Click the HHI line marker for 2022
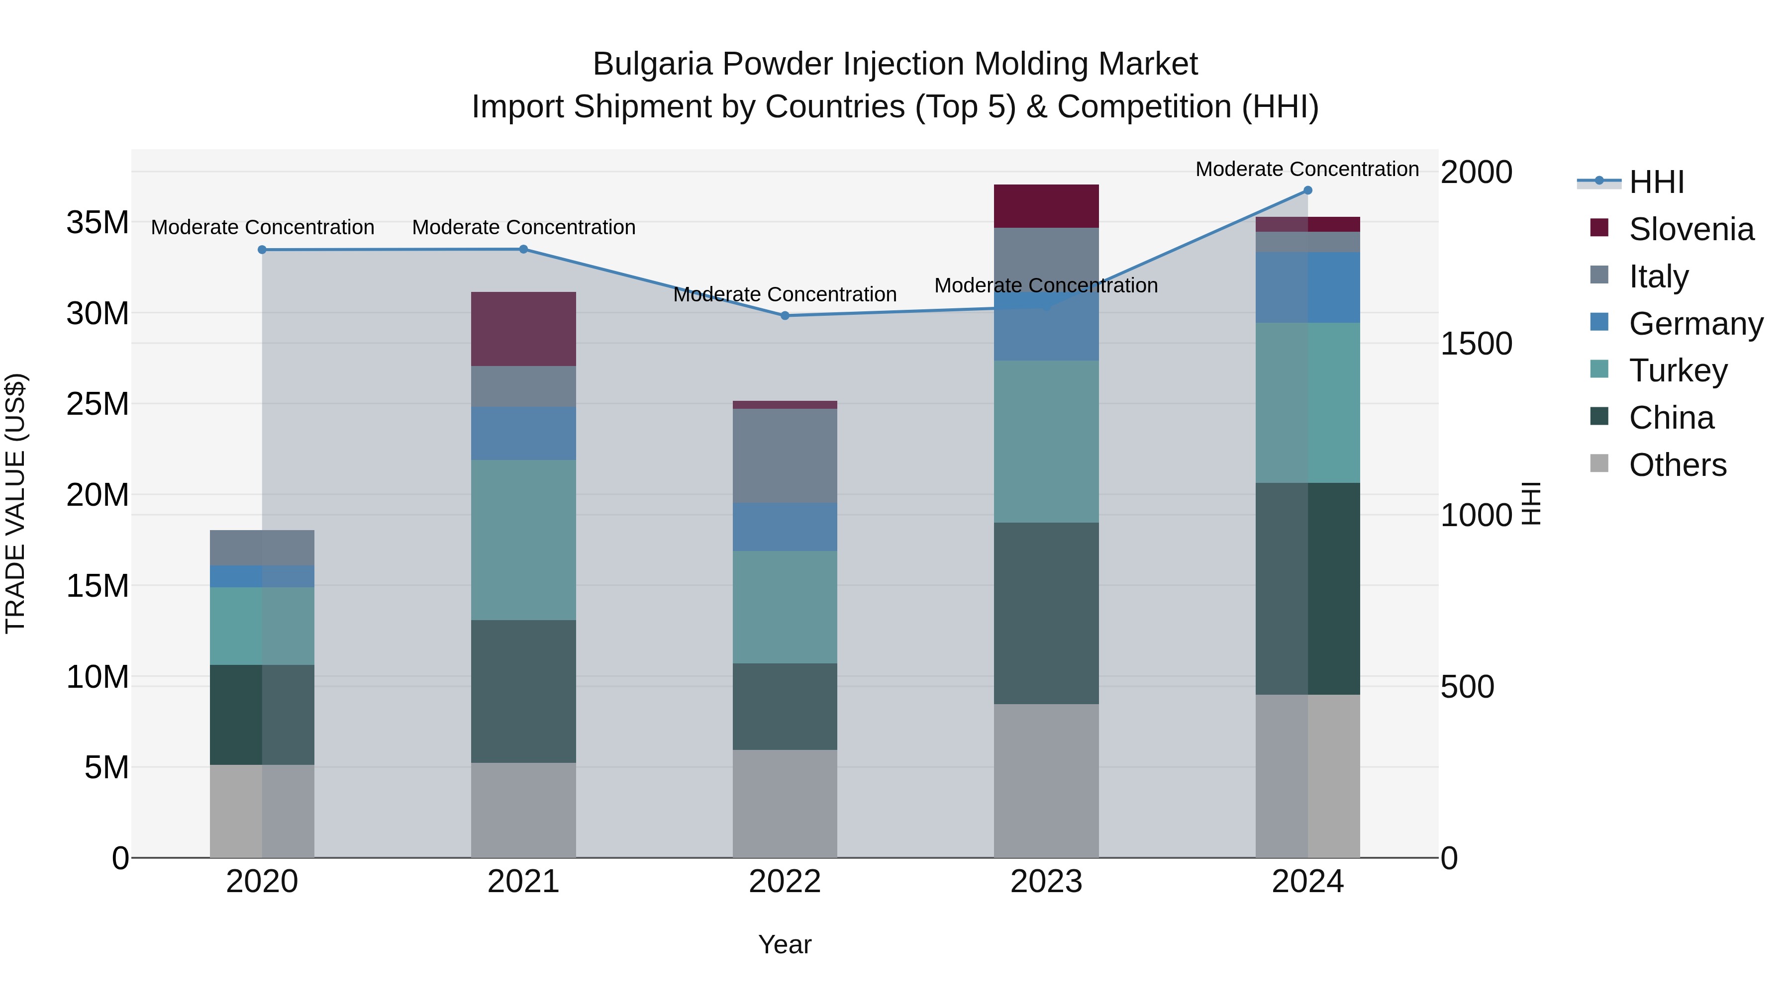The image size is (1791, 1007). [785, 315]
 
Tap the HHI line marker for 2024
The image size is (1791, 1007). [1308, 190]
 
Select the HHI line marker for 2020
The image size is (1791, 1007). [262, 250]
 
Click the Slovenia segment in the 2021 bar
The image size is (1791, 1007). [523, 329]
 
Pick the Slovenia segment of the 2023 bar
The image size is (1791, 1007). [1046, 206]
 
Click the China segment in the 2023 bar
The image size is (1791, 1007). [1046, 613]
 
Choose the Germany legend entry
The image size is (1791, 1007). [1695, 324]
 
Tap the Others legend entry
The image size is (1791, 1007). [1677, 465]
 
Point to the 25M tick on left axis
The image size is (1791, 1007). [98, 404]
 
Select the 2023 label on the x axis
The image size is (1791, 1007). [1046, 882]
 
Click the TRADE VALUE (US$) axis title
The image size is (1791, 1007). [15, 503]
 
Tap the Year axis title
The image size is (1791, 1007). [785, 944]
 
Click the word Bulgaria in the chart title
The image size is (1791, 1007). [652, 64]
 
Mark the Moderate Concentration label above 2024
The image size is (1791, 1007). [1307, 169]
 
